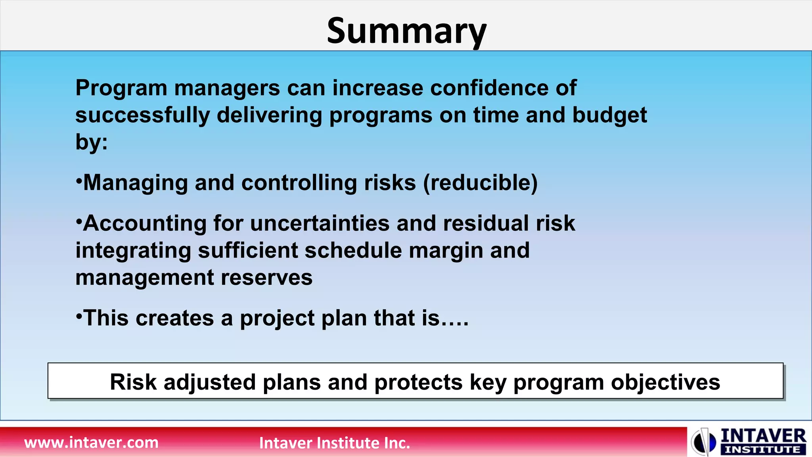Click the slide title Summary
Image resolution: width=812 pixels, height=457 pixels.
(406, 31)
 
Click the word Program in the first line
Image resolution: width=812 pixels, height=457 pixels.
(121, 88)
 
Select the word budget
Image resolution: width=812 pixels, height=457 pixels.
(609, 115)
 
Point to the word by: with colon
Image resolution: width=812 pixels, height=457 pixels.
(92, 142)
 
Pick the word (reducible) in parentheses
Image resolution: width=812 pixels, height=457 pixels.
(480, 183)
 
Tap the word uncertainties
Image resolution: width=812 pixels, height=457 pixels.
(320, 223)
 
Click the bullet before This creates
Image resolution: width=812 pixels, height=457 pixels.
(79, 315)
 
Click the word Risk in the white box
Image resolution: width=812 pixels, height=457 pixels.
(133, 382)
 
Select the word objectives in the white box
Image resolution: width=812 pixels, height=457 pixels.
(665, 382)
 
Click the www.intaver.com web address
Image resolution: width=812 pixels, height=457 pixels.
(91, 442)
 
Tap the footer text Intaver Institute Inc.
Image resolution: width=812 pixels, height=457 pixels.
(334, 443)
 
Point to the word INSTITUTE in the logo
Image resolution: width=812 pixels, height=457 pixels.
(762, 450)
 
